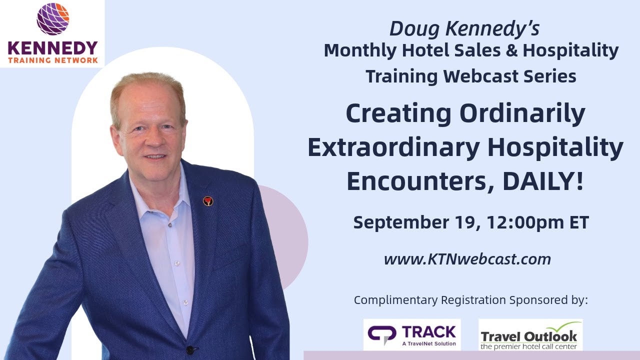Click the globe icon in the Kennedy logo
click(52, 19)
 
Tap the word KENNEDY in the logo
click(52, 48)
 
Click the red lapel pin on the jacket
click(208, 201)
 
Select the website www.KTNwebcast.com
click(467, 259)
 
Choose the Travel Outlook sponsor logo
click(530, 335)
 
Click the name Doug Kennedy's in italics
click(464, 29)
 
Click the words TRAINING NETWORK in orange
click(52, 60)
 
